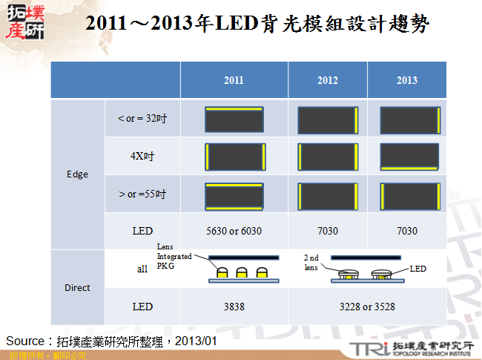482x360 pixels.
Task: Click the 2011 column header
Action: [234, 80]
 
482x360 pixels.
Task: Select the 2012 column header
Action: [327, 80]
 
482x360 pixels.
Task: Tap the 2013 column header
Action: [406, 80]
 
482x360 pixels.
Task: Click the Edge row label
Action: [77, 174]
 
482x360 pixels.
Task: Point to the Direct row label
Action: [77, 287]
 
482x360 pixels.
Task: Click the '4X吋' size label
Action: [142, 157]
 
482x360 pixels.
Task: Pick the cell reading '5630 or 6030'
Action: [234, 231]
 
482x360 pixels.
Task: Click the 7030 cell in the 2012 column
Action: [327, 231]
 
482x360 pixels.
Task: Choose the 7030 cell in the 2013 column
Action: [406, 231]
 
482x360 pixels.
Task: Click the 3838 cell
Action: [234, 307]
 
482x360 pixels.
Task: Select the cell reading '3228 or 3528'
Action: [367, 307]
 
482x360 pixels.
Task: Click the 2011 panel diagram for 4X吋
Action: [234, 157]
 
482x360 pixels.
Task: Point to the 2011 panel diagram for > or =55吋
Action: [234, 195]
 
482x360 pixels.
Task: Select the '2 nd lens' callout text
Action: [311, 262]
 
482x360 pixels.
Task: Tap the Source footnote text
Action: [111, 341]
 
